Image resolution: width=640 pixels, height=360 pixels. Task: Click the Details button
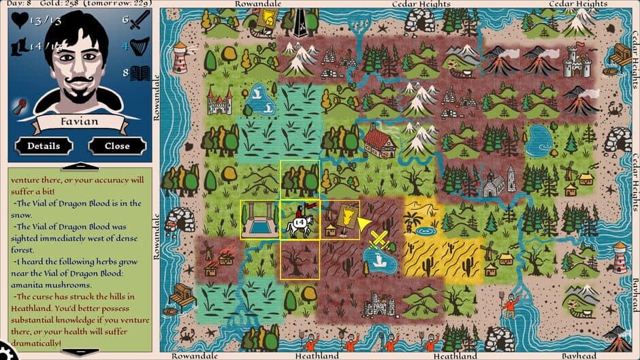click(44, 146)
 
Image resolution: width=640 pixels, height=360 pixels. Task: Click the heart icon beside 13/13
click(21, 20)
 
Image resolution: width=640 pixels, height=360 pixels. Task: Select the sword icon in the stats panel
click(140, 22)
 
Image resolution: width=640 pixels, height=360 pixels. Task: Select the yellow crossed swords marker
click(379, 240)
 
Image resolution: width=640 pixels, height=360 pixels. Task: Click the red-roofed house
click(380, 142)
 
